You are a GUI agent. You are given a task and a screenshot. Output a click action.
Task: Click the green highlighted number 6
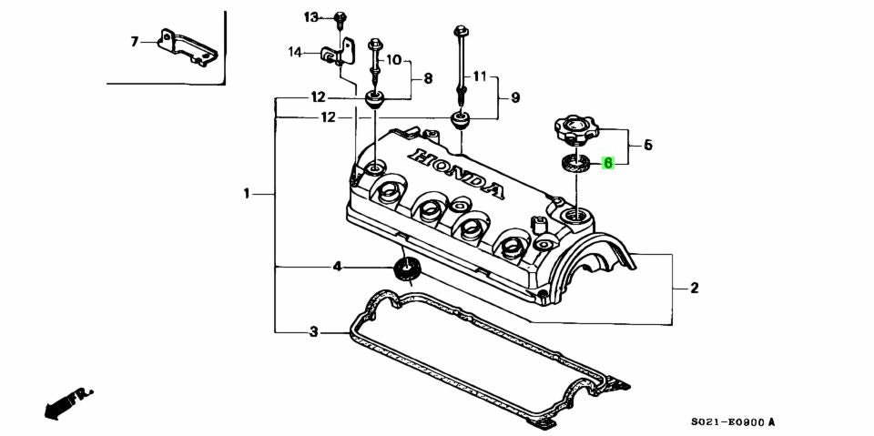coord(608,164)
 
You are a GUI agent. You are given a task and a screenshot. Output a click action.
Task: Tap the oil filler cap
coord(570,129)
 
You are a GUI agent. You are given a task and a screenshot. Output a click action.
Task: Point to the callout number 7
coord(135,41)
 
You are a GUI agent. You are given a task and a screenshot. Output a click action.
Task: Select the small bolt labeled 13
coord(340,17)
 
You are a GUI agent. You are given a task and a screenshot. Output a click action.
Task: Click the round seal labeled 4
coord(404,269)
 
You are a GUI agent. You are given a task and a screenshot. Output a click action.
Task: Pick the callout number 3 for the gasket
coord(313,332)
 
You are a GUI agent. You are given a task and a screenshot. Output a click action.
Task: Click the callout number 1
coord(246,193)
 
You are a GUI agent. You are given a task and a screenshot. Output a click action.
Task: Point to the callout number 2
coord(694,289)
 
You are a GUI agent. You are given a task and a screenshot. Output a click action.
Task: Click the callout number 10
coord(393,60)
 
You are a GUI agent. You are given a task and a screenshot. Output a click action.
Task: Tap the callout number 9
coord(514,96)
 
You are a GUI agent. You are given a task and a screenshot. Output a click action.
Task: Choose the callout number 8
coord(428,78)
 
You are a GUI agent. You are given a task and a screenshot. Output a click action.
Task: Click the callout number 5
coord(647,144)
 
